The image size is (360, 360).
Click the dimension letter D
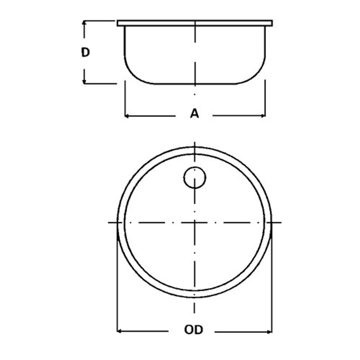tap(85, 53)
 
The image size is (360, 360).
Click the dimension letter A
tap(195, 114)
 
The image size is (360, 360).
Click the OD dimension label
tap(193, 330)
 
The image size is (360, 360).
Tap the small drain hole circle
tap(195, 178)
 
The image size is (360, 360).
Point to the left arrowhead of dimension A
tap(126, 116)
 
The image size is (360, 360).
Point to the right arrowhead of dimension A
tap(263, 116)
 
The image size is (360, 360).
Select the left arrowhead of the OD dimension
tap(119, 331)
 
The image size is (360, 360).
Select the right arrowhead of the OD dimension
tap(270, 331)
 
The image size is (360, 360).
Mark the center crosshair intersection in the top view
tap(195, 222)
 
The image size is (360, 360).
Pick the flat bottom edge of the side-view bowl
tap(195, 84)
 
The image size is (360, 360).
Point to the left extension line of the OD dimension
tap(117, 285)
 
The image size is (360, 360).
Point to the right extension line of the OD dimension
tap(272, 285)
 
